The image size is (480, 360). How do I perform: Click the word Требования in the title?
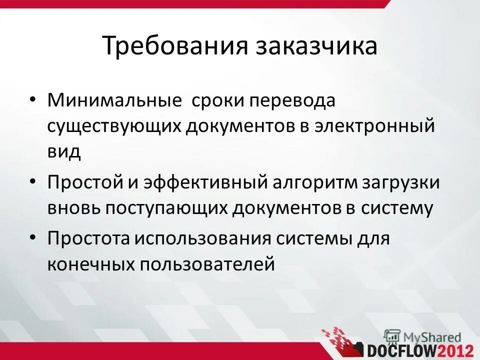175,46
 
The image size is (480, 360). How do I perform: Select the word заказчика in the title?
316,46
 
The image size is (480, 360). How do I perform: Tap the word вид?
64,151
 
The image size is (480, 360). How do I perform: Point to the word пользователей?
207,263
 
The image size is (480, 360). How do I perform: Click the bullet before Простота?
32,237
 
